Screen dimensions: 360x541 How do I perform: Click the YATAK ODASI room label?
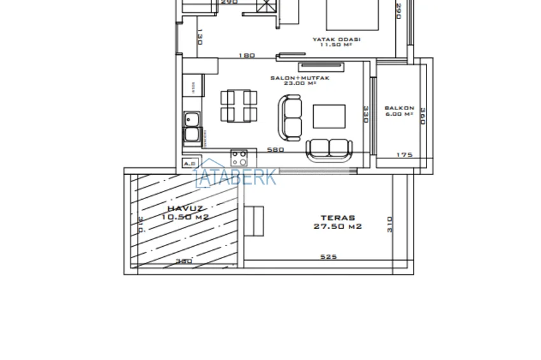pyautogui.click(x=336, y=39)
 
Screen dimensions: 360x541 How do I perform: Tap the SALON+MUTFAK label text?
pyautogui.click(x=291, y=78)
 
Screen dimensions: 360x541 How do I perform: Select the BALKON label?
pyautogui.click(x=399, y=108)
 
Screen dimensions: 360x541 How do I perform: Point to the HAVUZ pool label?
pyautogui.click(x=185, y=209)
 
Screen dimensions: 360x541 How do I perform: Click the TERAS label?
pyautogui.click(x=338, y=218)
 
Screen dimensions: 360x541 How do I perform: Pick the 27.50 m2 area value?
pyautogui.click(x=338, y=226)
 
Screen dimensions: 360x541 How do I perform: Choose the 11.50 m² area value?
pyautogui.click(x=336, y=45)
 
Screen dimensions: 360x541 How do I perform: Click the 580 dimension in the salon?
pyautogui.click(x=276, y=150)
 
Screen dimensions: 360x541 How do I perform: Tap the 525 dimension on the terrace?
pyautogui.click(x=328, y=257)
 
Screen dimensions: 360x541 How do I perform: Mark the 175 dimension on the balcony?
pyautogui.click(x=404, y=155)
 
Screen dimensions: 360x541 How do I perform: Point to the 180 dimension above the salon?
pyautogui.click(x=246, y=55)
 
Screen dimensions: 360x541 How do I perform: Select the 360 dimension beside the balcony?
pyautogui.click(x=422, y=116)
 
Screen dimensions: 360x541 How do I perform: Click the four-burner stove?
pyautogui.click(x=239, y=157)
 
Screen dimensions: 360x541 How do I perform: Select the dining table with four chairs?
pyautogui.click(x=239, y=106)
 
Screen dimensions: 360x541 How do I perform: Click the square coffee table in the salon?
pyautogui.click(x=329, y=116)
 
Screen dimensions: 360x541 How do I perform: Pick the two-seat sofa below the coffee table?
pyautogui.click(x=328, y=149)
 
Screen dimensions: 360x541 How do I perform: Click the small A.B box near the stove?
pyautogui.click(x=189, y=163)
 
